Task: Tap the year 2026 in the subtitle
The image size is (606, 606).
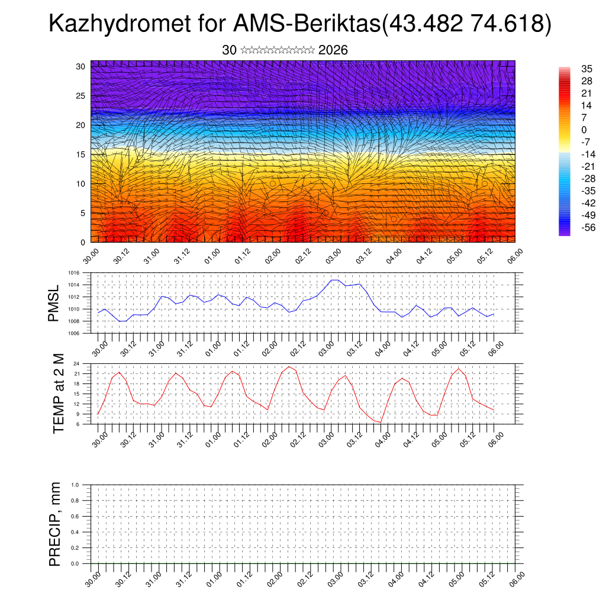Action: point(333,50)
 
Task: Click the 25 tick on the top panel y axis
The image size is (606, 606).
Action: point(81,96)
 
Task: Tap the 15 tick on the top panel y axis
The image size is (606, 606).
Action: point(81,154)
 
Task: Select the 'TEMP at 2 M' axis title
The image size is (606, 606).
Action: point(58,394)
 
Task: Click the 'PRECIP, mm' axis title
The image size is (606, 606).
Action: point(55,524)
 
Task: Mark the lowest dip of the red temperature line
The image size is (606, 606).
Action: point(381,422)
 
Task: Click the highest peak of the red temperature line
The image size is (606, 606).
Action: point(289,366)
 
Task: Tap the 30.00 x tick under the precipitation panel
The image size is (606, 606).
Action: point(92,578)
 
